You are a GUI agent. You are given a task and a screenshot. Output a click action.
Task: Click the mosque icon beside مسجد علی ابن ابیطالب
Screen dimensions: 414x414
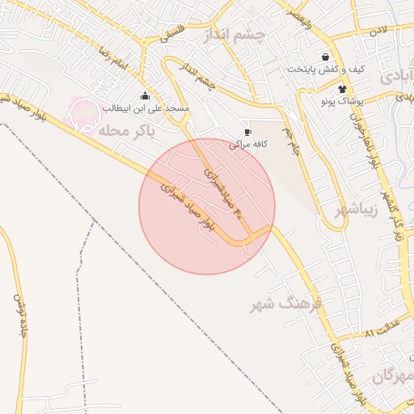(145, 96)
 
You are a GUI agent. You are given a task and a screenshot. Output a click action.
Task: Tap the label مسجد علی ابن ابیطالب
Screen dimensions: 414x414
(145, 108)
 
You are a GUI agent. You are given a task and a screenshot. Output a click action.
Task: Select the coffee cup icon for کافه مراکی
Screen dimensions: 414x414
(248, 132)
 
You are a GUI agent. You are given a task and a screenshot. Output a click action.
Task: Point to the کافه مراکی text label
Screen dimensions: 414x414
(247, 144)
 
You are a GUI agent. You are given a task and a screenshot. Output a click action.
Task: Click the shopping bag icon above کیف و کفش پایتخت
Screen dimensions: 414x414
(325, 57)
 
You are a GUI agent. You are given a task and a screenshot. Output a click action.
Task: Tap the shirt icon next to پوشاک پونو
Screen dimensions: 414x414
(342, 89)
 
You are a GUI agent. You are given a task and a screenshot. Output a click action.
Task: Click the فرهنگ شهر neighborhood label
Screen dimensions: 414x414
(286, 304)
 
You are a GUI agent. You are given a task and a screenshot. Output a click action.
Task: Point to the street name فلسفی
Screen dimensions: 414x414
(171, 34)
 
